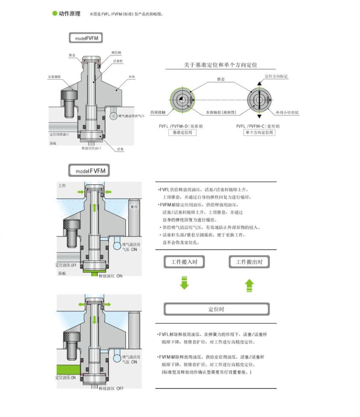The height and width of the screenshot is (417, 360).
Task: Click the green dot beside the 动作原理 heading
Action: [55, 13]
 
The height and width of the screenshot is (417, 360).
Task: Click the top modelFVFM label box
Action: [86, 38]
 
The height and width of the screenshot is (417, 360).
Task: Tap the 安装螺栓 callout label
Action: [54, 77]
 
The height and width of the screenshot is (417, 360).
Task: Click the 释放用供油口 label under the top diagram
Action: [91, 148]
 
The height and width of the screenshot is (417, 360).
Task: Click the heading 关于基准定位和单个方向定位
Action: [221, 65]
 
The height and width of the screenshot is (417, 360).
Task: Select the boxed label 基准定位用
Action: [182, 133]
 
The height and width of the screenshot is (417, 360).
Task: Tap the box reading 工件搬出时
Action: [249, 262]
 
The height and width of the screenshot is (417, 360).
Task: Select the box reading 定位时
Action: [217, 309]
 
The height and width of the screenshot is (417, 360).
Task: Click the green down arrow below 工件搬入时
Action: [184, 283]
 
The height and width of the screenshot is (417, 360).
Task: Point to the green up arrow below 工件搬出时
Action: [249, 285]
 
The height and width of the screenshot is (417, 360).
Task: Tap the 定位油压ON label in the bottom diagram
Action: [65, 378]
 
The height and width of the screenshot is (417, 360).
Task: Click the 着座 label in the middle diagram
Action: [133, 207]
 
